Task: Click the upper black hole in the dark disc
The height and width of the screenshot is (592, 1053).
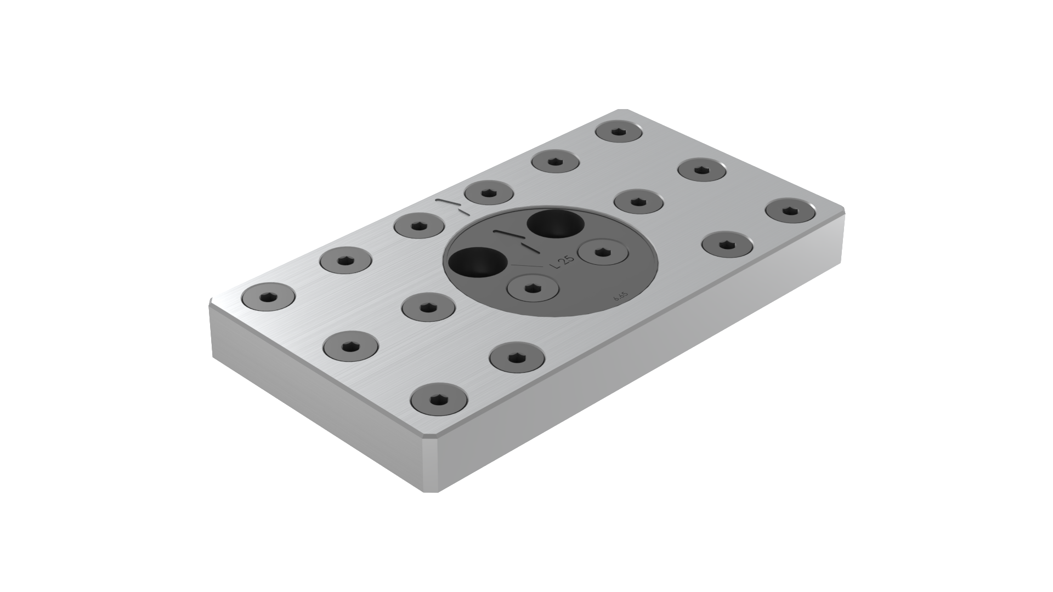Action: tap(555, 224)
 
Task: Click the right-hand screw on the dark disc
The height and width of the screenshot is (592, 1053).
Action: tap(603, 252)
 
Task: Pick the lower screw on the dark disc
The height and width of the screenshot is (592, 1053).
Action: tap(532, 288)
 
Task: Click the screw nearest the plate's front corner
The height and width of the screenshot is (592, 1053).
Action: tap(438, 398)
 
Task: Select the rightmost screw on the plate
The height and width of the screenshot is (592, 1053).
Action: tap(789, 211)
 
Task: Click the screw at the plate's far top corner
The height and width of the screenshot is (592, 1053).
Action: tap(620, 132)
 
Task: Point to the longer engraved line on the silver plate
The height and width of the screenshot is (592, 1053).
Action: tap(447, 203)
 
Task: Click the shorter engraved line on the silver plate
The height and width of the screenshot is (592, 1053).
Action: tap(464, 211)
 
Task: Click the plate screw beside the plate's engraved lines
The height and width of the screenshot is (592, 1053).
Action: tap(489, 192)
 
